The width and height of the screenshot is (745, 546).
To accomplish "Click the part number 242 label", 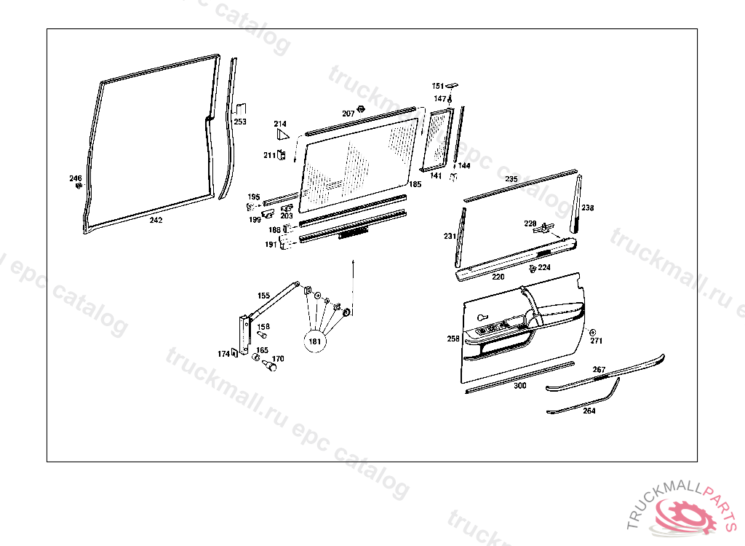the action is pyautogui.click(x=156, y=220).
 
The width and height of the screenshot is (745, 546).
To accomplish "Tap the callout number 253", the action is pyautogui.click(x=240, y=122).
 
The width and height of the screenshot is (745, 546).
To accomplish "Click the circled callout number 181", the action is pyautogui.click(x=315, y=341).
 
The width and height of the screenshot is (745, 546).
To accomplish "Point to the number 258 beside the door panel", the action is pyautogui.click(x=453, y=339).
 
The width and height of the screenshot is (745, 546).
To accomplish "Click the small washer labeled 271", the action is pyautogui.click(x=591, y=332).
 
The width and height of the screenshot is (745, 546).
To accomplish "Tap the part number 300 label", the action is pyautogui.click(x=519, y=386).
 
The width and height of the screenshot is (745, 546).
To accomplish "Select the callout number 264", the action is pyautogui.click(x=589, y=411).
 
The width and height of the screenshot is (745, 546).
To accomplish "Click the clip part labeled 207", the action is pyautogui.click(x=362, y=111).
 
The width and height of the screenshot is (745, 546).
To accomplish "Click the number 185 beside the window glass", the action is pyautogui.click(x=415, y=184).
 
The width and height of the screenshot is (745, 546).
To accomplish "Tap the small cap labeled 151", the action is pyautogui.click(x=451, y=85).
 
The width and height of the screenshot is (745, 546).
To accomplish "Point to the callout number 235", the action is pyautogui.click(x=511, y=178).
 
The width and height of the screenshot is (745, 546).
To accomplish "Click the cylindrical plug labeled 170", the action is pyautogui.click(x=272, y=368).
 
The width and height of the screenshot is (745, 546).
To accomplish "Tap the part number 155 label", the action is pyautogui.click(x=263, y=296).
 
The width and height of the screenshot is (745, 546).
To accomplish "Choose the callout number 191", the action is pyautogui.click(x=271, y=245).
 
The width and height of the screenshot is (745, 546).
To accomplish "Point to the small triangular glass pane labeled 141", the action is pyautogui.click(x=438, y=138).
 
